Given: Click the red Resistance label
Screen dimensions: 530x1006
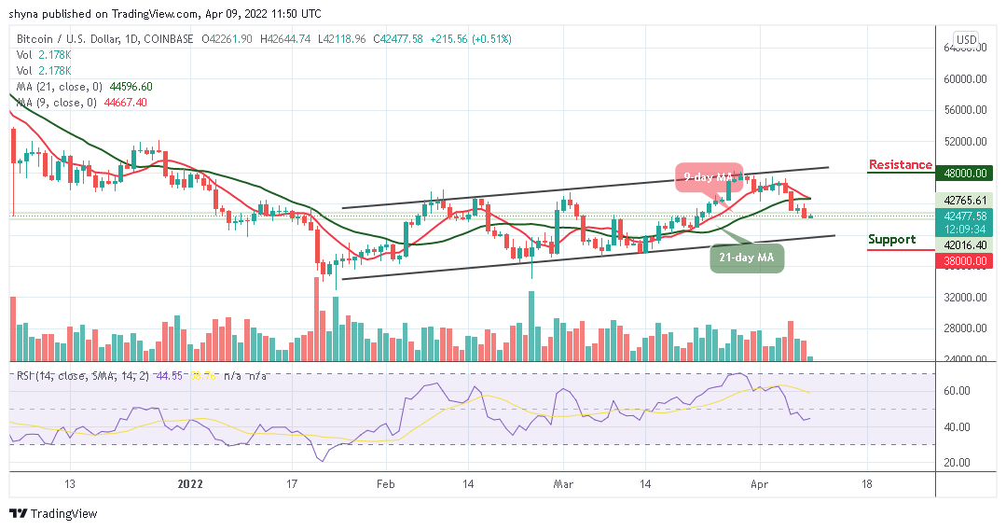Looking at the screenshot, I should point(900,165).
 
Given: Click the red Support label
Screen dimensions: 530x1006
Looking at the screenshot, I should point(891,240).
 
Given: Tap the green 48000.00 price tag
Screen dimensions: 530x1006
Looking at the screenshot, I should point(965,173).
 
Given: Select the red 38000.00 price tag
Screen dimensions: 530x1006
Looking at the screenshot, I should point(965,261).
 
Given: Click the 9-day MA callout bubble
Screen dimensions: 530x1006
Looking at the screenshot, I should point(709,177).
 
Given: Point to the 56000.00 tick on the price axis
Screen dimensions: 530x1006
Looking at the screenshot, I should point(965,110).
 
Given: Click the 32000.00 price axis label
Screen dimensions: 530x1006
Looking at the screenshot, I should point(965,298).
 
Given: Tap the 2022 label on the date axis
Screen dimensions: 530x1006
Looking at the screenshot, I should point(190,485).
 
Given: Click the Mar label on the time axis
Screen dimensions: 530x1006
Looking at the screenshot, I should point(563,485).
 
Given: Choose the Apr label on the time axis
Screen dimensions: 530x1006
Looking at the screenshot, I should point(759,485).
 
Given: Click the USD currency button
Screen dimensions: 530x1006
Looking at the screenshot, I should point(967,39).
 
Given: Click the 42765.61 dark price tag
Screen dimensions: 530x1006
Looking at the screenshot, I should point(965,200).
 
